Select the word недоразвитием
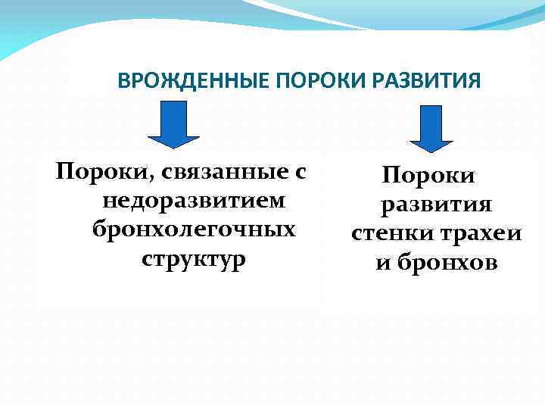194,202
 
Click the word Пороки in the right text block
428,176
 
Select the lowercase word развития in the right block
437,205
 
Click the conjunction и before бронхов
383,264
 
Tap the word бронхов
447,263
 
